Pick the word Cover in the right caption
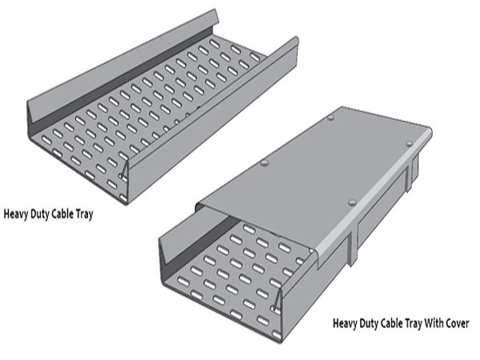457,323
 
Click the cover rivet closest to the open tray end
353,202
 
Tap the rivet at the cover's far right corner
410,143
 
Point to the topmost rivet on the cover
330,118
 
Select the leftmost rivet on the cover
265,163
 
